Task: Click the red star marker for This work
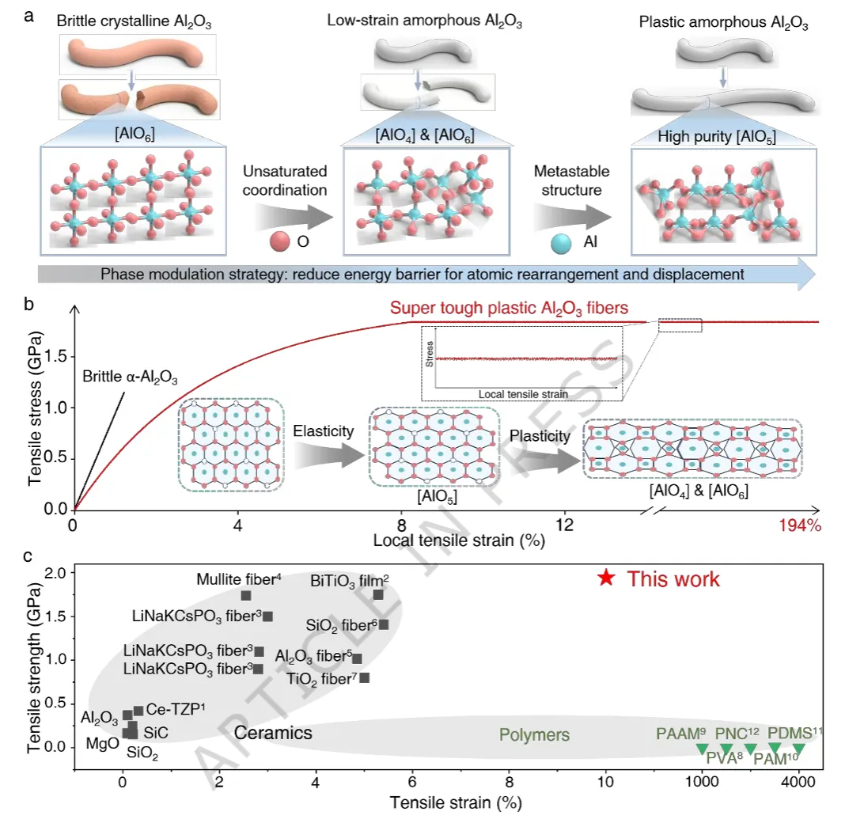pyautogui.click(x=606, y=578)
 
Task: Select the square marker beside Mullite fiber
pyautogui.click(x=246, y=596)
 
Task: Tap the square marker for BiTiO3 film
pyautogui.click(x=378, y=594)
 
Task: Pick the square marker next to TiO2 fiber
pyautogui.click(x=364, y=677)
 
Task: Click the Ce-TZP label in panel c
pyautogui.click(x=176, y=709)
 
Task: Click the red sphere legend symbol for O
pyautogui.click(x=280, y=241)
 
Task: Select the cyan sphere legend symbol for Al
pyautogui.click(x=561, y=244)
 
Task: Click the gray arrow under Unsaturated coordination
pyautogui.click(x=294, y=217)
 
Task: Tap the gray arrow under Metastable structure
pyautogui.click(x=572, y=218)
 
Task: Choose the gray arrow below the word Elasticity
pyautogui.click(x=329, y=455)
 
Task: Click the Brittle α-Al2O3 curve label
pyautogui.click(x=130, y=377)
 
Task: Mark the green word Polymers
pyautogui.click(x=534, y=734)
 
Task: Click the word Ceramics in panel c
pyautogui.click(x=273, y=733)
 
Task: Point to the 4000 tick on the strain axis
pyautogui.click(x=798, y=782)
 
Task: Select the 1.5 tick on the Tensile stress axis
pyautogui.click(x=56, y=356)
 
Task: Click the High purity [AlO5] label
pyautogui.click(x=717, y=137)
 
